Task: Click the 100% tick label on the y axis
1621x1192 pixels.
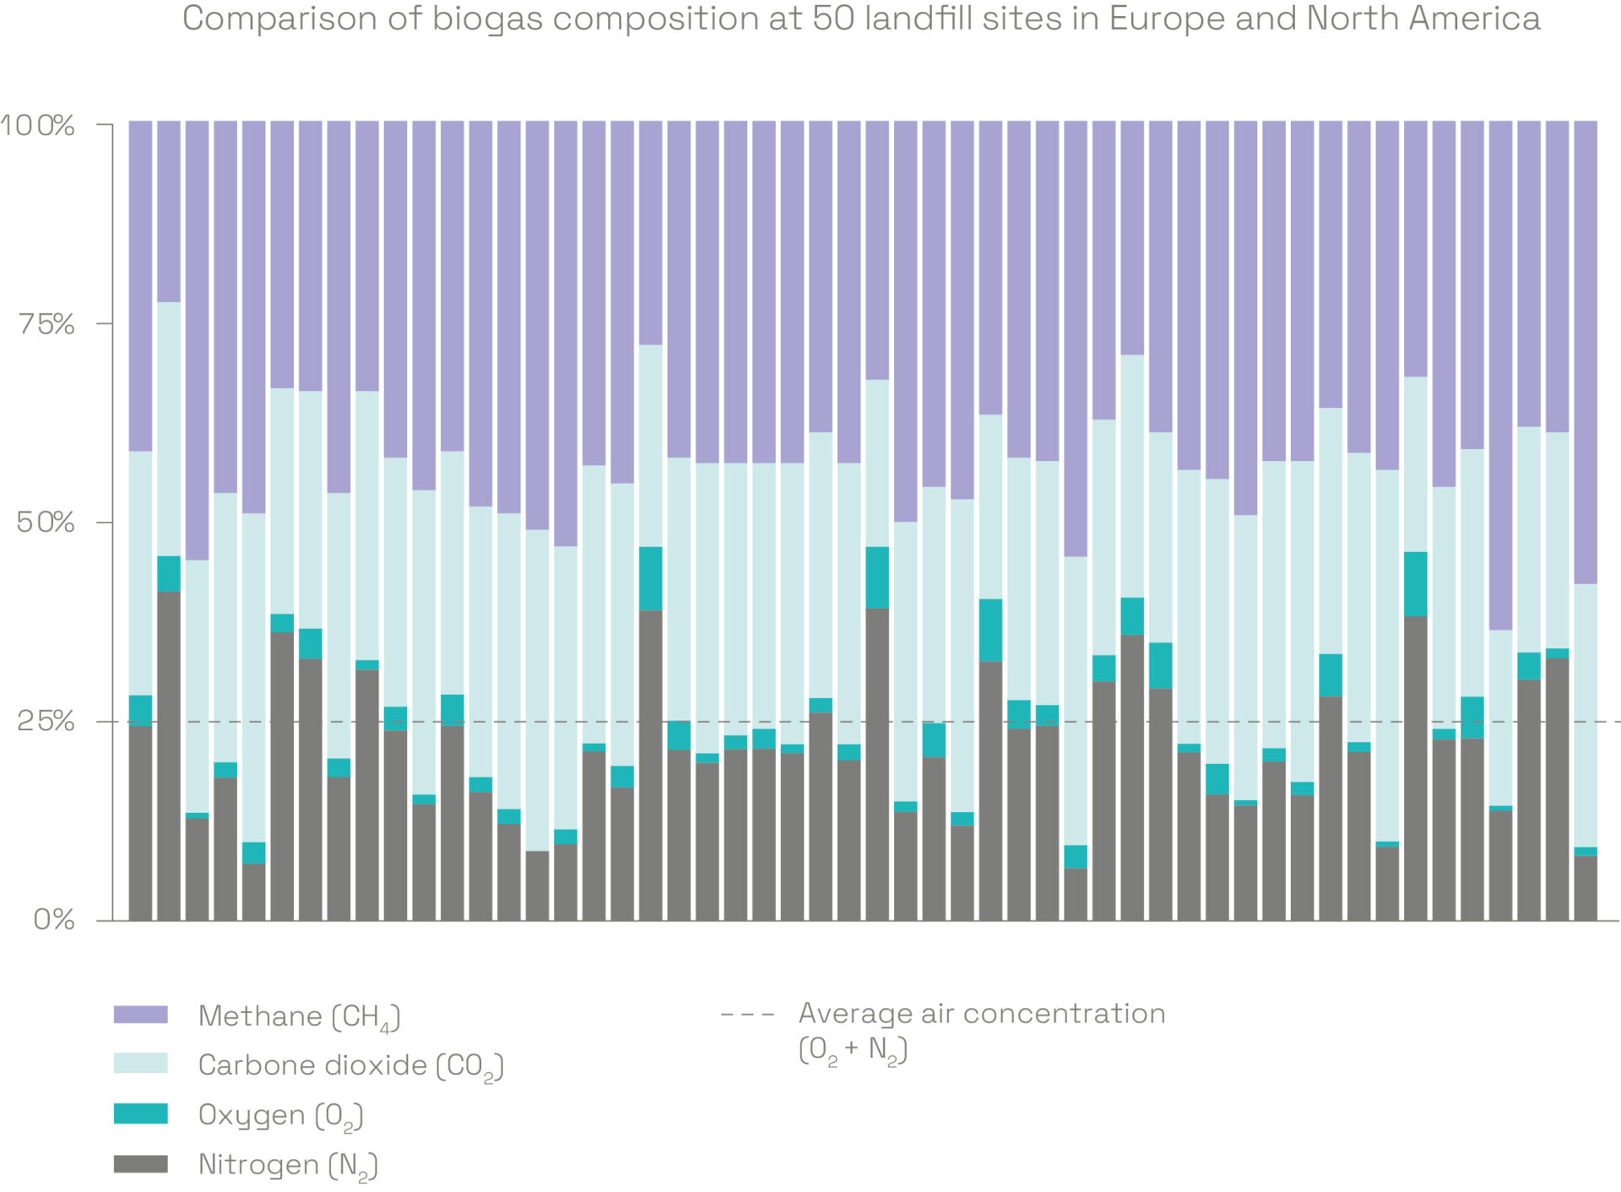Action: click(x=37, y=126)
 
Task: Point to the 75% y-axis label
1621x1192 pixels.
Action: click(x=46, y=324)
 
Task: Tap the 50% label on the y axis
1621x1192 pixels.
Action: click(x=46, y=523)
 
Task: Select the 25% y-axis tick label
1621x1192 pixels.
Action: click(x=46, y=721)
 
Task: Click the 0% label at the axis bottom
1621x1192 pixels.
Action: click(x=54, y=919)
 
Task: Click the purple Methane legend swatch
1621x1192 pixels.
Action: click(x=140, y=1015)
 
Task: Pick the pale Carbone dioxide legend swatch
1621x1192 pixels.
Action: click(x=140, y=1064)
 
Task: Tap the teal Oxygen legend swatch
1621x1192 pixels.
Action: click(x=140, y=1113)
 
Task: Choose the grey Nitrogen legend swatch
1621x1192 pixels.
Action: click(x=140, y=1163)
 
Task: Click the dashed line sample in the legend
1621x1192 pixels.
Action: click(x=747, y=1014)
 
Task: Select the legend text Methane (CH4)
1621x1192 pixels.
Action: click(x=299, y=1016)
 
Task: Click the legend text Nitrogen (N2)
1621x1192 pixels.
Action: click(x=287, y=1165)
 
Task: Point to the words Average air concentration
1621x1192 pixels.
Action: click(x=982, y=1013)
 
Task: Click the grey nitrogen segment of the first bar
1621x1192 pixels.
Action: click(x=140, y=823)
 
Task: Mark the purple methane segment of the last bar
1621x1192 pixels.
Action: click(x=1586, y=350)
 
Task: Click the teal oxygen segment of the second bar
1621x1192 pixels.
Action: click(x=169, y=574)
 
